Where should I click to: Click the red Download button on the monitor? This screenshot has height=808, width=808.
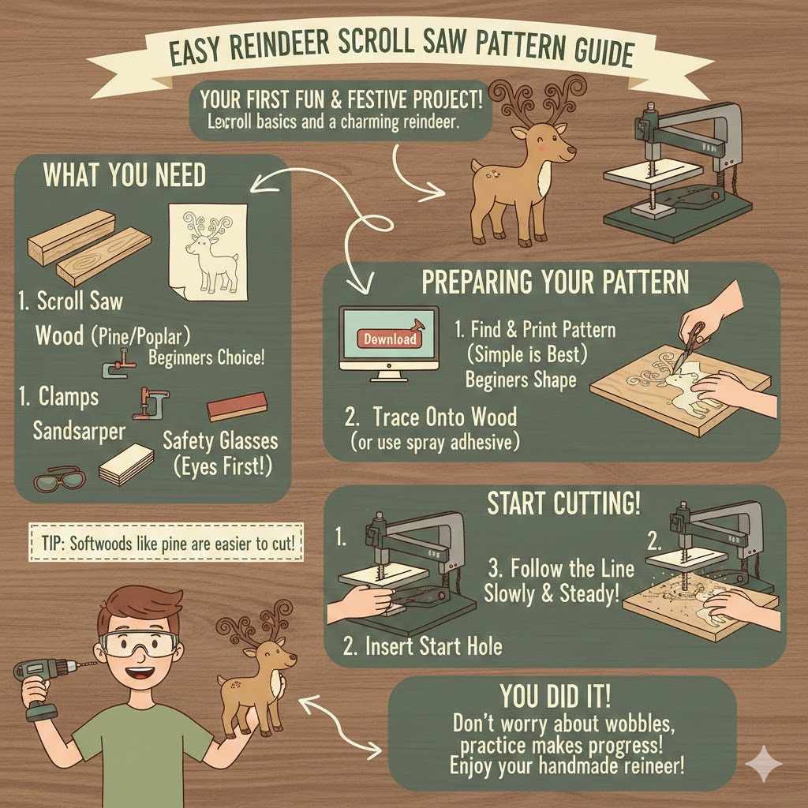pos(390,339)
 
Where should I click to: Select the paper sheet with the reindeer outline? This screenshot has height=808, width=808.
pos(207,252)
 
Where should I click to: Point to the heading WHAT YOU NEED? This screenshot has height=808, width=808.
pos(124,174)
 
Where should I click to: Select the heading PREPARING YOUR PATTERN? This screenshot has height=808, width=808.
pos(555,282)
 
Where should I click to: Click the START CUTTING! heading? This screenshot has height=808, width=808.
pos(563,503)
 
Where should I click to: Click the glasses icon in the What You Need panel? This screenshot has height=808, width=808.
pos(56,481)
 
